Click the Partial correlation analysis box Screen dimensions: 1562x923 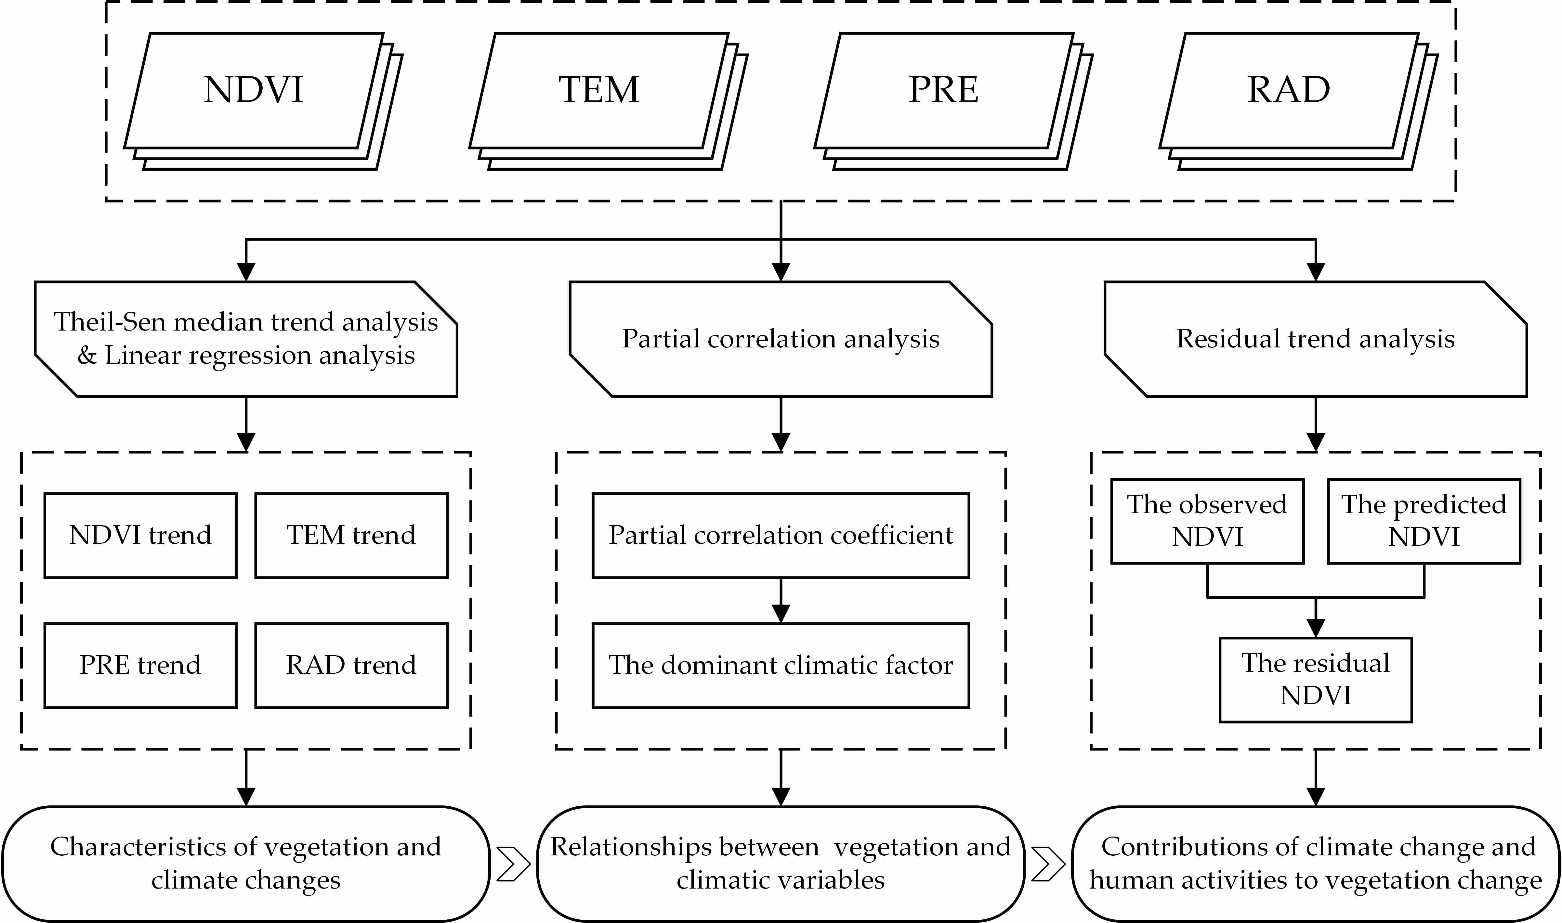pos(781,339)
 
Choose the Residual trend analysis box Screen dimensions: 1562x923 pos(1316,339)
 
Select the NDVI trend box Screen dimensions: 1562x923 pos(140,536)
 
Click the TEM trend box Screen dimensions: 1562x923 pos(351,536)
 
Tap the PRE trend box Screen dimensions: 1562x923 pos(140,666)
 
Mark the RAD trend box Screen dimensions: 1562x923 pos(351,666)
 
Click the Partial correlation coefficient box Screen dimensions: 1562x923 pos(781,536)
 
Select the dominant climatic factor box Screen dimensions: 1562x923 pos(781,666)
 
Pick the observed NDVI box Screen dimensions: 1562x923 pos(1207,521)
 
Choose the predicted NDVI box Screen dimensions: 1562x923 pos(1424,521)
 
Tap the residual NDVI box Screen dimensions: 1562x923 pos(1316,680)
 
